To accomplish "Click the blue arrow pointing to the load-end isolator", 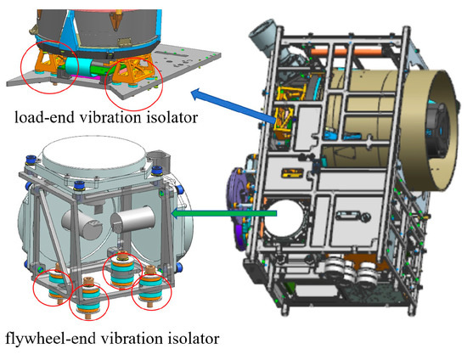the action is [x=233, y=105].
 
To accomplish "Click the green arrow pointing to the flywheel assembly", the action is [x=224, y=213].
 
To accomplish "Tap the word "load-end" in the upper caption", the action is [x=44, y=117].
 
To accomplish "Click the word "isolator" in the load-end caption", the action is [x=172, y=117].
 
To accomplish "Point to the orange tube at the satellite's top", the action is [x=346, y=51].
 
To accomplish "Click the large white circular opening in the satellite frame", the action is [x=284, y=219].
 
